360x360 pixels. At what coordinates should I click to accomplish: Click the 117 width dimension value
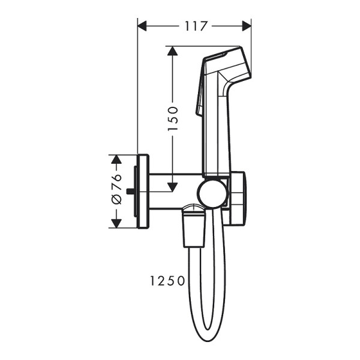point(194,26)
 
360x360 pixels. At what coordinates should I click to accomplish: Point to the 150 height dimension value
point(173,118)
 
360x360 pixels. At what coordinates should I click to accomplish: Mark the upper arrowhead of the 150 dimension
point(173,51)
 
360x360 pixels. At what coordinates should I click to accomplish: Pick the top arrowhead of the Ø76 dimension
point(116,160)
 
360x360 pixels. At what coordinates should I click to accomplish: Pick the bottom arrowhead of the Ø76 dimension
point(116,223)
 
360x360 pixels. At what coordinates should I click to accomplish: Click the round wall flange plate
point(143,191)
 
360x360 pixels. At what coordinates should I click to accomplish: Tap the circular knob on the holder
point(213,193)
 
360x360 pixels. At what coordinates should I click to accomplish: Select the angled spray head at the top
point(226,66)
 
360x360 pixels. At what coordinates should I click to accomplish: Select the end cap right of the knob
point(238,197)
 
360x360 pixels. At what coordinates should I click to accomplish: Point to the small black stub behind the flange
point(130,191)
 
